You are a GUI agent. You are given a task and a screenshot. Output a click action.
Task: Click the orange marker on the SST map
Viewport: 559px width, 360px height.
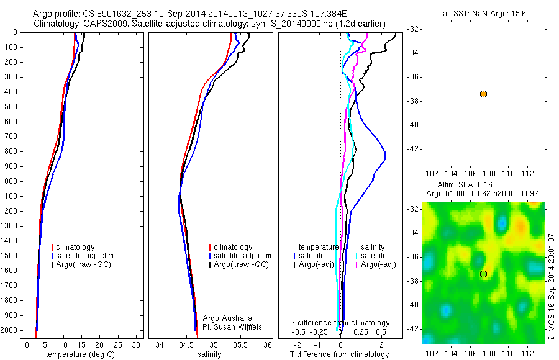[x=483, y=94]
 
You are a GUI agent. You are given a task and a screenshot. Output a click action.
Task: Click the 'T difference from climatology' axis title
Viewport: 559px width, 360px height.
[x=339, y=355]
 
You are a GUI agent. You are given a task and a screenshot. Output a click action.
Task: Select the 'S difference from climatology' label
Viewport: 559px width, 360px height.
[x=340, y=323]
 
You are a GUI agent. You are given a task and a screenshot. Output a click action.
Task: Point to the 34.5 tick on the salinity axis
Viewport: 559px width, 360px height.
[x=186, y=344]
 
